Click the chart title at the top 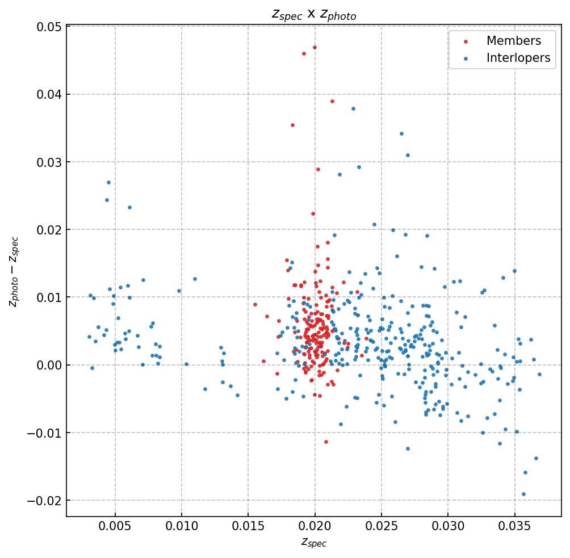click(314, 15)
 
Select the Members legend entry click(513, 41)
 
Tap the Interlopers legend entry click(518, 58)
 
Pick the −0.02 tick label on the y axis click(45, 501)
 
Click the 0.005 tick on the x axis click(115, 527)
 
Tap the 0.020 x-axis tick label click(315, 527)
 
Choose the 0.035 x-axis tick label click(514, 527)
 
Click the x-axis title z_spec click(314, 543)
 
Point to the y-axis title click(14, 272)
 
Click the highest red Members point click(315, 47)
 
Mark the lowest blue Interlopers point click(523, 494)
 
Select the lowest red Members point click(326, 442)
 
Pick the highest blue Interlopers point click(353, 108)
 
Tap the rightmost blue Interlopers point click(539, 374)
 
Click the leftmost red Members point click(255, 304)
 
